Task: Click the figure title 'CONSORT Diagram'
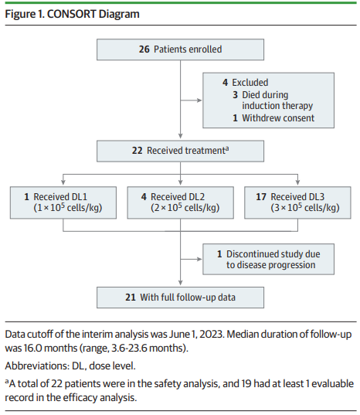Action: tap(93, 14)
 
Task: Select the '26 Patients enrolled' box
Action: tap(180, 49)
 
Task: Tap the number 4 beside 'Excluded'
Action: tap(225, 83)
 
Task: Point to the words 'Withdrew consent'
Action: tap(278, 118)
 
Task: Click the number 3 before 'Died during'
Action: tap(235, 95)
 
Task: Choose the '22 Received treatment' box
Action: tap(180, 151)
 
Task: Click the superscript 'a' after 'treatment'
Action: tap(227, 148)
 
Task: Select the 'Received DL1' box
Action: tap(63, 202)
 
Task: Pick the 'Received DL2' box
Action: tap(181, 202)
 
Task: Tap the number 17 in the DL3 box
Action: tap(261, 197)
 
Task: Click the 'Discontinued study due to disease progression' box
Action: tap(269, 259)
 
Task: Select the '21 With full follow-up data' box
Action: tap(180, 298)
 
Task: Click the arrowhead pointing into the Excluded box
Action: tap(199, 100)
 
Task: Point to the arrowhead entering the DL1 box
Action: tap(63, 182)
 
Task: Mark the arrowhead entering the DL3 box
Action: tap(297, 182)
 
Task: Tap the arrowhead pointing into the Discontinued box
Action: tap(199, 259)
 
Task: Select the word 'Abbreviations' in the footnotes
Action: tap(37, 366)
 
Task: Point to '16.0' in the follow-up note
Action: tap(32, 348)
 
